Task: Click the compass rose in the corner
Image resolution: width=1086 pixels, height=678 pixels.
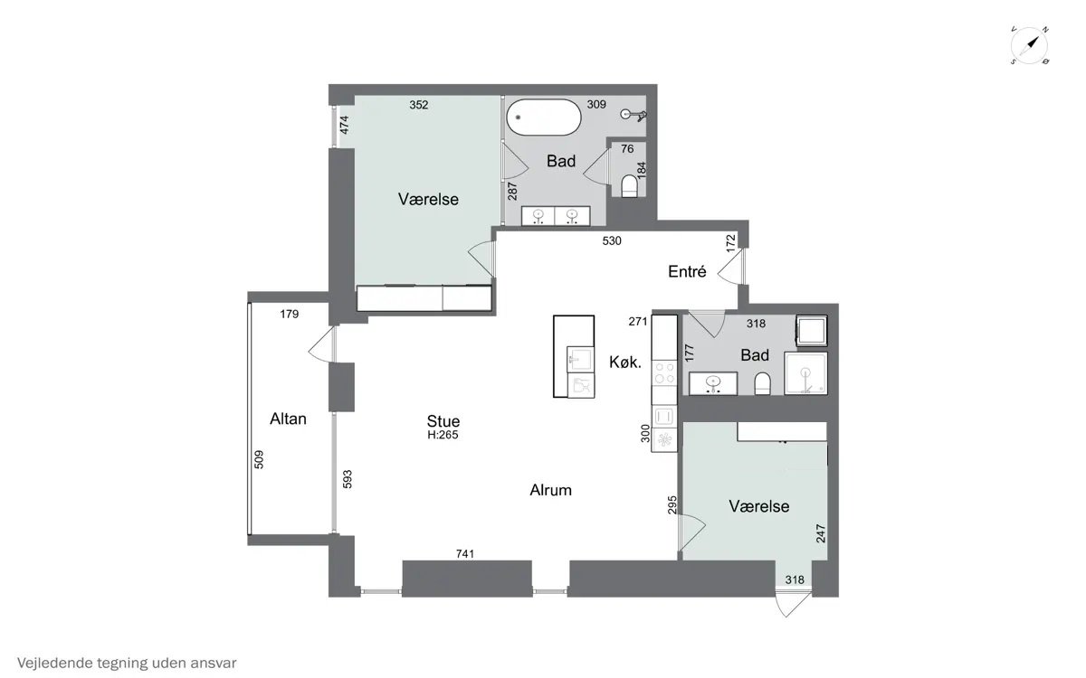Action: point(1030,46)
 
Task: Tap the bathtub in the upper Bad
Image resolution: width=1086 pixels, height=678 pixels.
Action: point(544,118)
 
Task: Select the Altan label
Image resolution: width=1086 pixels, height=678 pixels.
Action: point(288,419)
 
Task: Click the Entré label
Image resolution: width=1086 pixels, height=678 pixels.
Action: point(687,271)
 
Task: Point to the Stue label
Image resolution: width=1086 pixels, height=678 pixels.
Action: point(443,420)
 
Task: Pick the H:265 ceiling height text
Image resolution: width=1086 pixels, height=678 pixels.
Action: point(443,435)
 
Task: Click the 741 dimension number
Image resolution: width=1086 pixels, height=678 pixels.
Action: point(465,553)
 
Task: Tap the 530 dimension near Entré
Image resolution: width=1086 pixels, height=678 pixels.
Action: point(612,240)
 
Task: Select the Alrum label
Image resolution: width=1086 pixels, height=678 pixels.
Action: point(551,490)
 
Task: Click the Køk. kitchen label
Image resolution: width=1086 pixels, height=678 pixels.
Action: point(625,362)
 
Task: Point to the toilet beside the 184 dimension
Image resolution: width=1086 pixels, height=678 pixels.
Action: point(629,186)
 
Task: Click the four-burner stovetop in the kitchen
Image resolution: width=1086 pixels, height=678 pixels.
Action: point(664,372)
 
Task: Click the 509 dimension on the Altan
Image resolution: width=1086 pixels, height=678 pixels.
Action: point(259,459)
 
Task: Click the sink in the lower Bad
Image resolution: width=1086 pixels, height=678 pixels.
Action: point(713,382)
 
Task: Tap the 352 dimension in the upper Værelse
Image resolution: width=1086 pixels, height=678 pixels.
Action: point(418,105)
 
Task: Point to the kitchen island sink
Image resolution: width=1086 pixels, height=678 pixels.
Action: point(580,360)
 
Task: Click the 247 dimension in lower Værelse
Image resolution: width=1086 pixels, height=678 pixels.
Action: point(820,533)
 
